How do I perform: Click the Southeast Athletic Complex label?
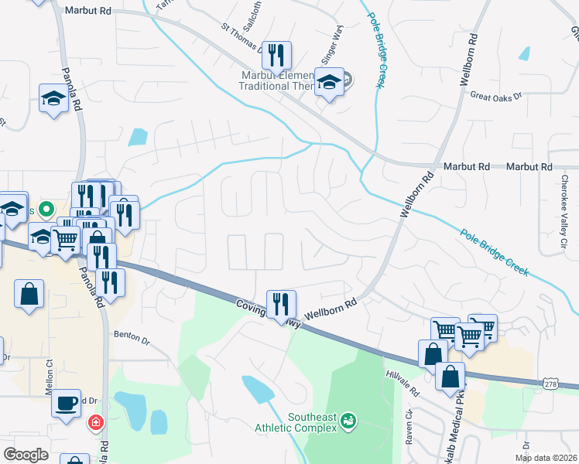coord(313,421)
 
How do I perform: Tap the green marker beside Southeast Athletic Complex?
coord(349,421)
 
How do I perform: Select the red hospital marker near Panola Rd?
coord(95,423)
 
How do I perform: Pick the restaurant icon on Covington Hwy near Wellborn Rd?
coord(280,303)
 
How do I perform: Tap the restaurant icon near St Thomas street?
coord(276,55)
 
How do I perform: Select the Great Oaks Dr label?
coord(496,95)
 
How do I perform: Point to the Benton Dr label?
coord(130,335)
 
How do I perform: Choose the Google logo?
coord(26,455)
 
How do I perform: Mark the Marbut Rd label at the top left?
coord(88,11)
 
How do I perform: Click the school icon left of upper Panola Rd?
coord(53,99)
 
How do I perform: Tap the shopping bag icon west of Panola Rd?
coord(29,295)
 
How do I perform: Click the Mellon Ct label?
coord(49,383)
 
